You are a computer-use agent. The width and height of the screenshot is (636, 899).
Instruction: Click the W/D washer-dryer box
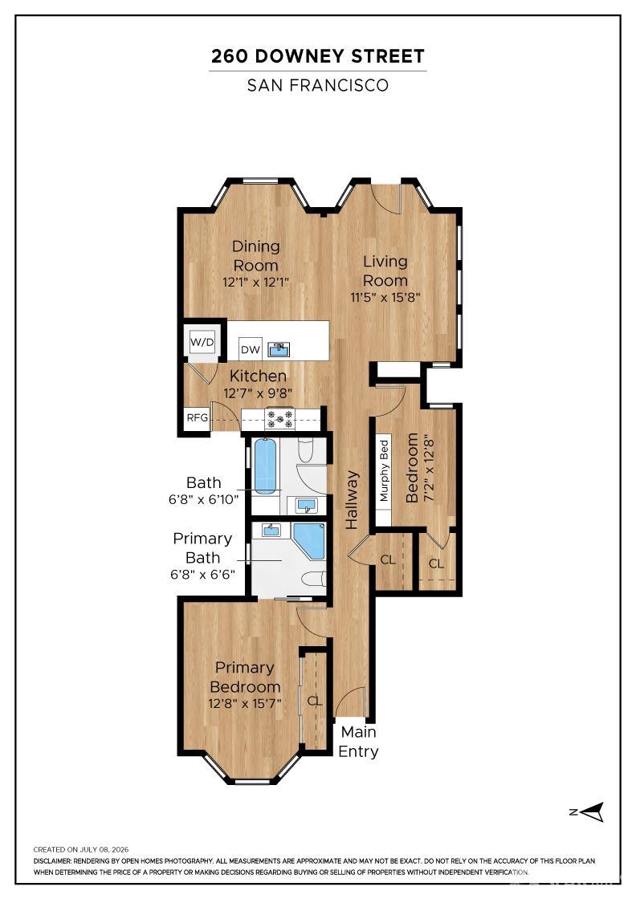click(x=202, y=343)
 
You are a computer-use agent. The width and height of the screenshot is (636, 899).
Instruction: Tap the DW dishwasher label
click(x=250, y=350)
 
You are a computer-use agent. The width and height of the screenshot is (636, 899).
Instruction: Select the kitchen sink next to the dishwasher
click(x=279, y=349)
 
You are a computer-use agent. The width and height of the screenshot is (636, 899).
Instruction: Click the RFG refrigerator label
click(x=198, y=417)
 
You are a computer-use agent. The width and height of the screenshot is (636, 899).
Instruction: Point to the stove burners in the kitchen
click(x=280, y=418)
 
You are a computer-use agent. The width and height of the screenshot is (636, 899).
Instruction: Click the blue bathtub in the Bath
click(x=265, y=466)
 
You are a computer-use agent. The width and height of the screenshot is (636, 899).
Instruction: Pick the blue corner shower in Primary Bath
click(x=309, y=541)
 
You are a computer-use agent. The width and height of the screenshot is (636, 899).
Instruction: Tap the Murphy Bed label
click(x=384, y=470)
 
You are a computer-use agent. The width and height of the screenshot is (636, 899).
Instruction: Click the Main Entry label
click(x=358, y=742)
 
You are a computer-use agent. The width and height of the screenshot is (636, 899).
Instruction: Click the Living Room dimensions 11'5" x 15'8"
click(x=385, y=298)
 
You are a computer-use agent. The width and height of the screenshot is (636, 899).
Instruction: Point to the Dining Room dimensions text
click(x=256, y=282)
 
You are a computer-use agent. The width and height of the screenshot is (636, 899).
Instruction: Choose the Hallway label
click(x=352, y=500)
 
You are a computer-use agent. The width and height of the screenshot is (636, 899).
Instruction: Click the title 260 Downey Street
click(x=318, y=56)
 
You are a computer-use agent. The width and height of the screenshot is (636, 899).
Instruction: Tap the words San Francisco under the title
click(x=318, y=85)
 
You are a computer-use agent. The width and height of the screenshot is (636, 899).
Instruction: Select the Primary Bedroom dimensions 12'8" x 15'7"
click(x=245, y=703)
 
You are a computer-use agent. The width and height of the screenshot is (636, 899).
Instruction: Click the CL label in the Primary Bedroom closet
click(x=315, y=702)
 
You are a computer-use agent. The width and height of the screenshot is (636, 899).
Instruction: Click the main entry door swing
click(x=350, y=702)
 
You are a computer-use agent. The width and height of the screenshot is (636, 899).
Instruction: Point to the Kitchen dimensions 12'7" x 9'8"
click(x=258, y=393)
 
